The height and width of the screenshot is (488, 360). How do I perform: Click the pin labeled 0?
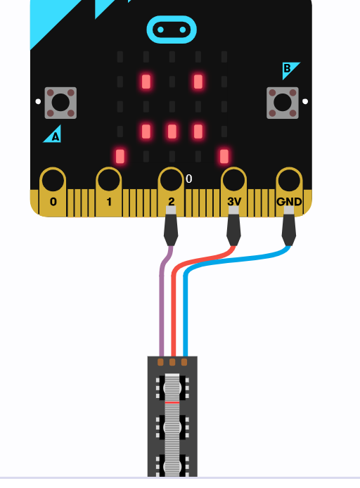pos(53,191)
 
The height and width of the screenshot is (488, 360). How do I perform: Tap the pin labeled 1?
pos(108,191)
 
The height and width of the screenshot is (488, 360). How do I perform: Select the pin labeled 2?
pos(171,191)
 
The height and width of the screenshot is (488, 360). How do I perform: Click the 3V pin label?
pos(234,202)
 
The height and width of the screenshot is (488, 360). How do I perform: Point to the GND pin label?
pos(289,202)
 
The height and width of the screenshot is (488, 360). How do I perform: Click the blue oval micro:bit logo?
pos(172,30)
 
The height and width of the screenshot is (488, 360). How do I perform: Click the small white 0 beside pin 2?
pos(189,179)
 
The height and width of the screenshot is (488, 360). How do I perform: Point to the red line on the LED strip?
pos(172,402)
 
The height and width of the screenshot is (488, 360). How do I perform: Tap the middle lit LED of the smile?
pos(172,131)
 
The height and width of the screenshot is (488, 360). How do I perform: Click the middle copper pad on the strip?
pos(172,362)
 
